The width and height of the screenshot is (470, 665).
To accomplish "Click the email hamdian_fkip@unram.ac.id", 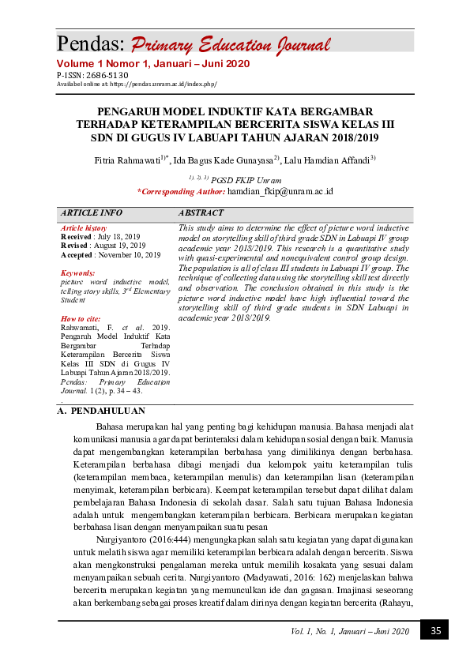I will (280, 191).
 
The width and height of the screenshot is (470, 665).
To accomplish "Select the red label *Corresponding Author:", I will (181, 191).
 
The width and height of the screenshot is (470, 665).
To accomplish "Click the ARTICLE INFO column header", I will (92, 213).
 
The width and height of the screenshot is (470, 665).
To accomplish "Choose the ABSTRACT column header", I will (201, 213).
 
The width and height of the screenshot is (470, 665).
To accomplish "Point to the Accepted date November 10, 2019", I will (129, 255).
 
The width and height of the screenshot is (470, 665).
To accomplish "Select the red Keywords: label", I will (79, 272).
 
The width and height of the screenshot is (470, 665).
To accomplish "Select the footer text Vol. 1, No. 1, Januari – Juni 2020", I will (350, 632).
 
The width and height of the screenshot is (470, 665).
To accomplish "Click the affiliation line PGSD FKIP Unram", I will (246, 180).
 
